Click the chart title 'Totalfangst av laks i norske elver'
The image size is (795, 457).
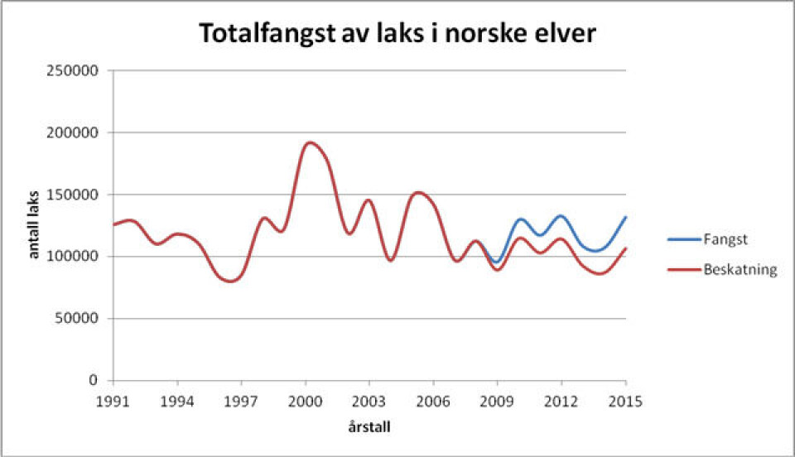(397, 35)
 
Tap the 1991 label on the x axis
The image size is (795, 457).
(113, 401)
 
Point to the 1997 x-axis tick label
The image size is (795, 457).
(241, 401)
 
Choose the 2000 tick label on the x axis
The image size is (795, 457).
(305, 401)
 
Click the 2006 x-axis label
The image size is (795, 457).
(433, 401)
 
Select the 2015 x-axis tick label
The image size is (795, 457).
(625, 401)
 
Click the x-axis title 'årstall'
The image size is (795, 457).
(369, 429)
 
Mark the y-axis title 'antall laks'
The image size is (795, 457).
(35, 226)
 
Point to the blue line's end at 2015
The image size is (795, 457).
(625, 217)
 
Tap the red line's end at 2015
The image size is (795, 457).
(625, 248)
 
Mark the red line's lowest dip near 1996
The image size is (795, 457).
(230, 281)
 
